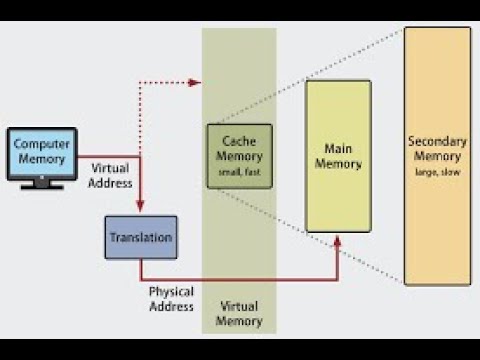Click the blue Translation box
[140, 238]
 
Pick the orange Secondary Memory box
[437, 156]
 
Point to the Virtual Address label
[110, 176]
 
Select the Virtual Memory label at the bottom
[239, 315]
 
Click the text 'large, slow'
[437, 171]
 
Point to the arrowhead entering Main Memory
[338, 239]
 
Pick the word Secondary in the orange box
[437, 141]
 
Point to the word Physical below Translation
[171, 292]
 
